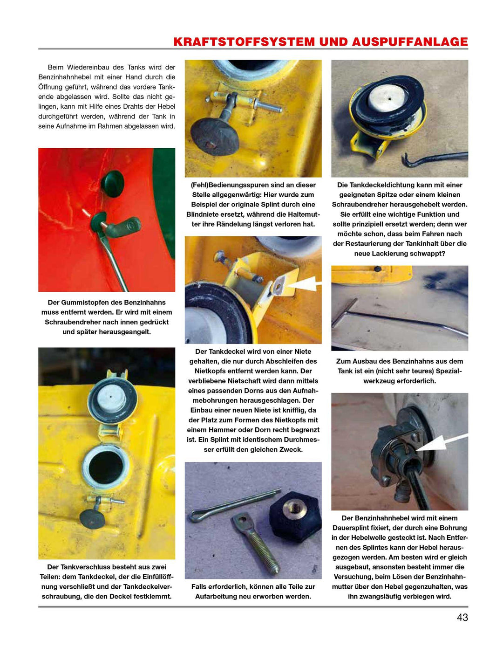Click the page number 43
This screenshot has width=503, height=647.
[x=462, y=617]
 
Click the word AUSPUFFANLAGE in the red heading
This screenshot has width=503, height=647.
[x=410, y=42]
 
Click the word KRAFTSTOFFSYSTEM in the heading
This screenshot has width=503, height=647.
[x=244, y=42]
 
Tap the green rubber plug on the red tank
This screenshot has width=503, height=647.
[x=112, y=179]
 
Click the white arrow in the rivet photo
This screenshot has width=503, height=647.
[x=303, y=283]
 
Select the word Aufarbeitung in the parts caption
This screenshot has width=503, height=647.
[x=218, y=596]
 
